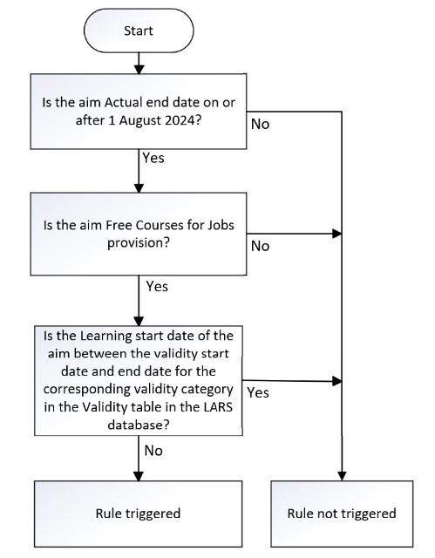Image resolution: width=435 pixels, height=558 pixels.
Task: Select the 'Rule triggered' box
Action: click(139, 513)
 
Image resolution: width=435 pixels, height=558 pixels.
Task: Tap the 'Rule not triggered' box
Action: click(342, 513)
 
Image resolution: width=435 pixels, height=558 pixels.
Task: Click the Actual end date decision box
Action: click(139, 112)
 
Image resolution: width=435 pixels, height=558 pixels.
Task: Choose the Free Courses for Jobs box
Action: click(139, 235)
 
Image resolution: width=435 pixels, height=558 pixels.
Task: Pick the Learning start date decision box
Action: click(139, 380)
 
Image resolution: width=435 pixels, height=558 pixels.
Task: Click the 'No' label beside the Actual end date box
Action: click(260, 124)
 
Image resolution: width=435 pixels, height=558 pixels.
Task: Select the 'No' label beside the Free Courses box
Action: click(260, 246)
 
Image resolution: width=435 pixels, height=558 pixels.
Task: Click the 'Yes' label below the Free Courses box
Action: click(158, 285)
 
